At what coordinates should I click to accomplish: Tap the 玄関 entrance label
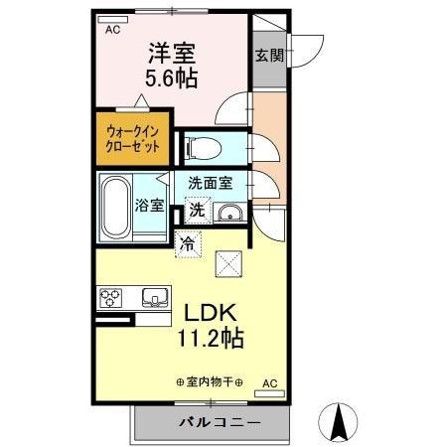pos(265,56)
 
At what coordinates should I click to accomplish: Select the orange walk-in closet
pos(132,137)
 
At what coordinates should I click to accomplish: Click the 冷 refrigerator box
pos(186,241)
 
